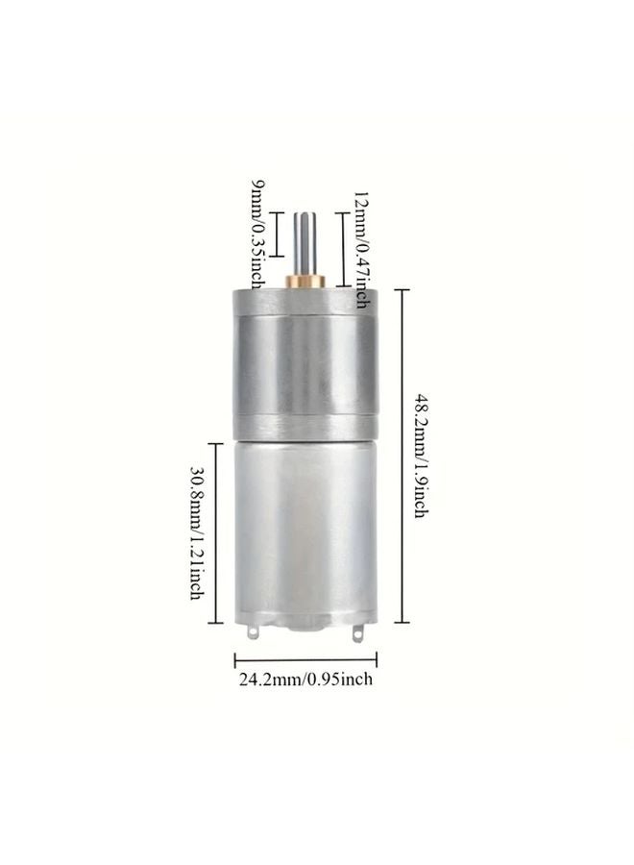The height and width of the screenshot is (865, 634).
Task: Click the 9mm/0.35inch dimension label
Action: pos(257,235)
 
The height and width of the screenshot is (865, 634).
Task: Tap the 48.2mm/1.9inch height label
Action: pos(420,452)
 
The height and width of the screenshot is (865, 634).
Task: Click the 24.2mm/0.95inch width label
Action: pos(306,680)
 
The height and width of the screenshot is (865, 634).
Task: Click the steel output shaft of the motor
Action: pos(306,240)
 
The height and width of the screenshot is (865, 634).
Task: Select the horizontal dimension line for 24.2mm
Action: pos(306,658)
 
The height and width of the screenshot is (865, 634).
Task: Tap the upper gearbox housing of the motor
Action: pos(306,360)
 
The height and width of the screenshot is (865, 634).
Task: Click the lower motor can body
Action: pos(306,529)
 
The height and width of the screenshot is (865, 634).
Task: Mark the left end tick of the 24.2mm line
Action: pos(236,658)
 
